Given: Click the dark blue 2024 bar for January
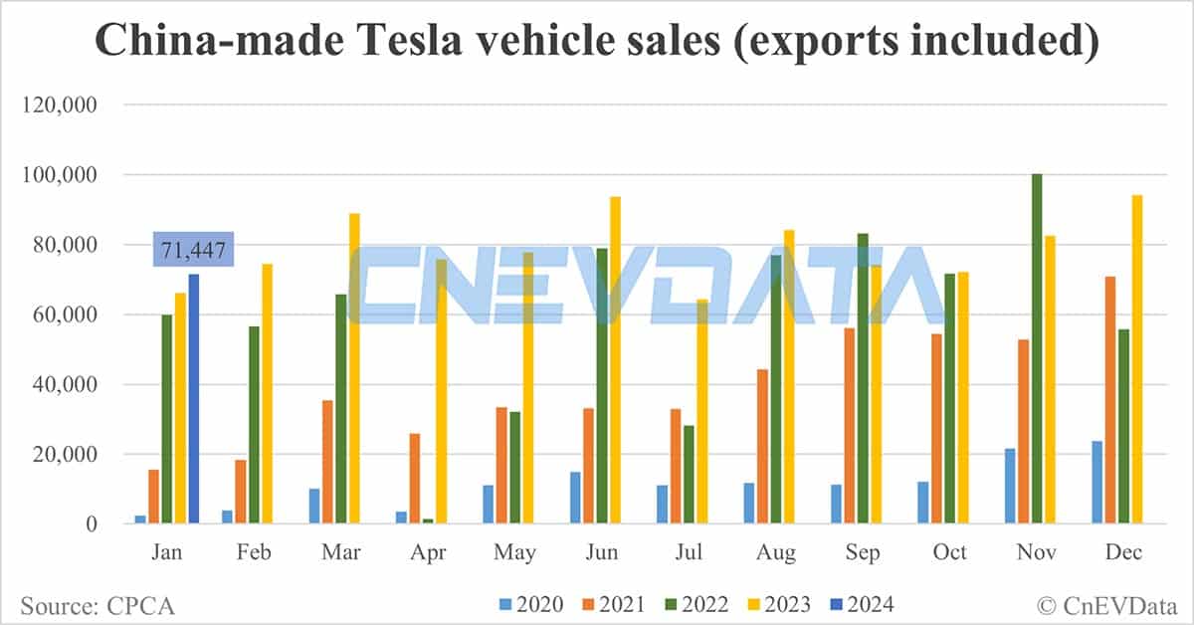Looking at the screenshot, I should (194, 398).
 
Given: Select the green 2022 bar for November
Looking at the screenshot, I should (1037, 348).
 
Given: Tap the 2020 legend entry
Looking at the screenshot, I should (531, 604).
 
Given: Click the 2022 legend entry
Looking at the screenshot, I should (696, 604).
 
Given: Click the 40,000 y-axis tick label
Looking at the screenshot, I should (68, 385).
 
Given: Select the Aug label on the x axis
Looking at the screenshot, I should (776, 552).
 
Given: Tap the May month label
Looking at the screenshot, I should (514, 552).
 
